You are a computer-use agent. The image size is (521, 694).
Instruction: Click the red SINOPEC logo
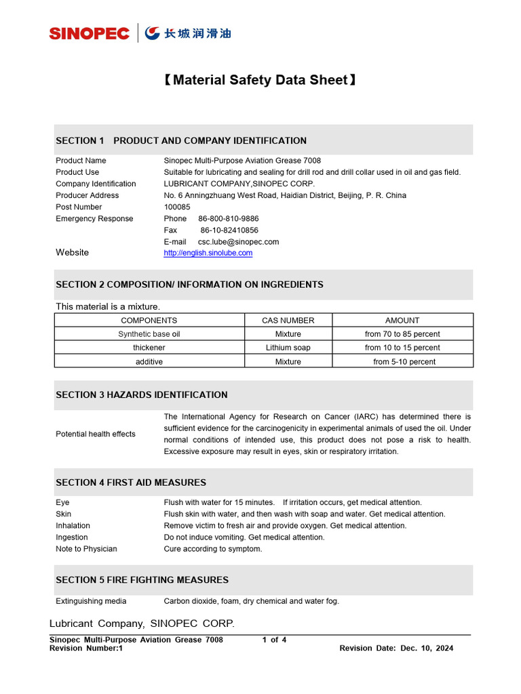click(x=89, y=33)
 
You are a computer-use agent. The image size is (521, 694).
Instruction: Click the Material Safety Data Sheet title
click(x=260, y=80)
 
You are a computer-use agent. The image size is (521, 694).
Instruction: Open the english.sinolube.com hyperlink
click(x=208, y=253)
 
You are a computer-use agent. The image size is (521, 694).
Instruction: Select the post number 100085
click(x=177, y=207)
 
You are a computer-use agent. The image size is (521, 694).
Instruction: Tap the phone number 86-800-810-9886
click(x=228, y=218)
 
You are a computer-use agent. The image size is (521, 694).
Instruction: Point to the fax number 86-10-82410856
click(x=229, y=230)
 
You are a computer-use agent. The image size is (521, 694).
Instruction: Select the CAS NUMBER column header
click(x=288, y=320)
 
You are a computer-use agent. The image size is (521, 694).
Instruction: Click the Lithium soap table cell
click(x=288, y=348)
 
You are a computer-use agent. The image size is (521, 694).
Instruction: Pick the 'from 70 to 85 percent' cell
click(x=402, y=334)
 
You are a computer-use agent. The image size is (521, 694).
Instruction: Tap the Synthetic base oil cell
click(x=149, y=334)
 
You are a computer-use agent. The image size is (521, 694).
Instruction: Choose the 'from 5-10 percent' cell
click(x=404, y=362)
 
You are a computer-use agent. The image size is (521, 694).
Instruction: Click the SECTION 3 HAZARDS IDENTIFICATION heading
click(x=142, y=394)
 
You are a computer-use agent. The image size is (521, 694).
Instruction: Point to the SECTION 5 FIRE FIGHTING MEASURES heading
click(x=142, y=580)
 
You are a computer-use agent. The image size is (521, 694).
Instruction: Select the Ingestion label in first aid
click(x=71, y=537)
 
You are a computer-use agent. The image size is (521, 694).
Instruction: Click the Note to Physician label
click(x=86, y=548)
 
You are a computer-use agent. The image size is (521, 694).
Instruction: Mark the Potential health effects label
click(x=96, y=434)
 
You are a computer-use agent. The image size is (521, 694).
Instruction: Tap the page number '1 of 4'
click(x=274, y=640)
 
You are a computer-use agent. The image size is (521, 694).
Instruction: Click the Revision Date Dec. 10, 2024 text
click(x=396, y=648)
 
